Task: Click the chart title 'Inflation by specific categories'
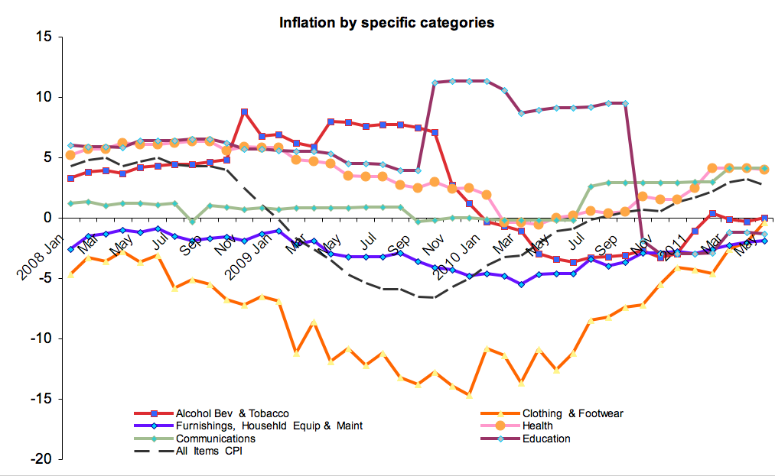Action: coord(386,22)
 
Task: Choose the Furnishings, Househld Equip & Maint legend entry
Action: coord(269,426)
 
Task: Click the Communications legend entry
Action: coord(215,438)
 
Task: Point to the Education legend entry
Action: coord(546,438)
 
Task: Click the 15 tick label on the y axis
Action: coord(43,37)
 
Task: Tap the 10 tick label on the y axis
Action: coord(43,97)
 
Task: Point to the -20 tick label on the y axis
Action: coord(40,459)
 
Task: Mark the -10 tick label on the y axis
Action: coord(40,338)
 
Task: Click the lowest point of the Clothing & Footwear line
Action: coord(469,396)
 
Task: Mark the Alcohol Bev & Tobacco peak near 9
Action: coord(244,112)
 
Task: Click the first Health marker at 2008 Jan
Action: coord(70,155)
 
